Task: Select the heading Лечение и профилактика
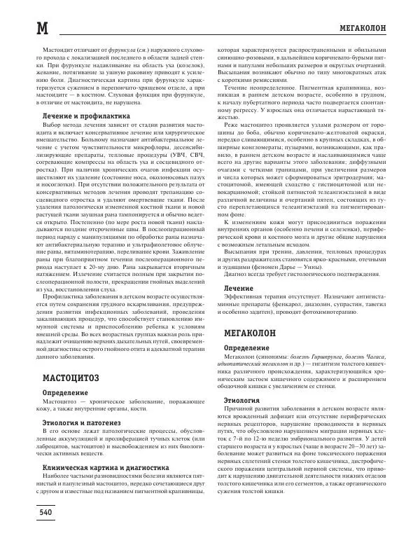click(81, 115)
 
